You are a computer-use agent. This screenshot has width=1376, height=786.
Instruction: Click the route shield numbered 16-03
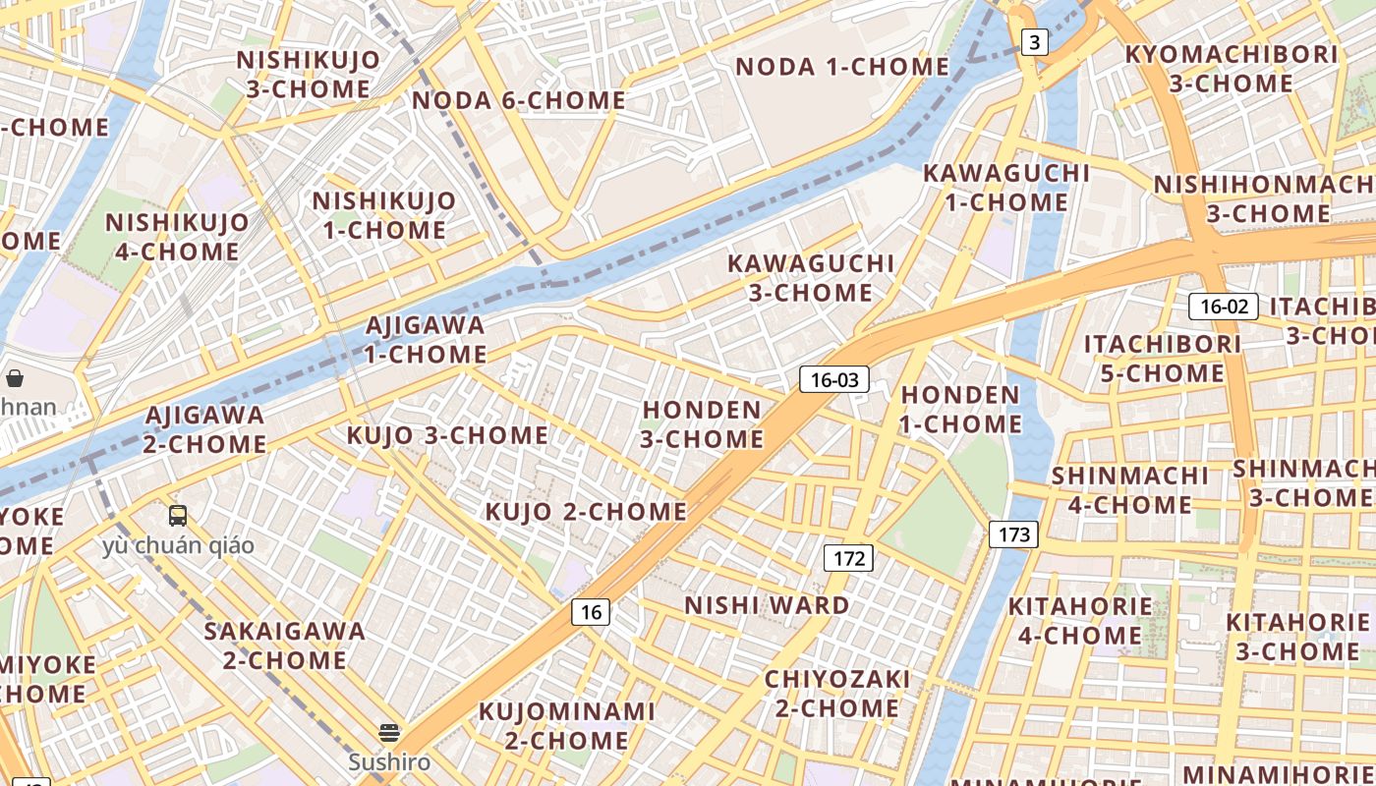tap(834, 379)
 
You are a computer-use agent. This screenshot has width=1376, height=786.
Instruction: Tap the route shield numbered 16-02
tap(1224, 306)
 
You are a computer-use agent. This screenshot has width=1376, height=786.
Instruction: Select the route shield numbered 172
tap(848, 559)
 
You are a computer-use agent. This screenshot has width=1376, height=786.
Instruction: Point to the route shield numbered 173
tap(1013, 534)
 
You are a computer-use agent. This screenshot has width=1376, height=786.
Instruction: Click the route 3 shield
tap(1034, 42)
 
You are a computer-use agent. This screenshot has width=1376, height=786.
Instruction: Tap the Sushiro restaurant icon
tap(389, 733)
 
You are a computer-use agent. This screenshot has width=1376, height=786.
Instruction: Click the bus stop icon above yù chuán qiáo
tap(178, 516)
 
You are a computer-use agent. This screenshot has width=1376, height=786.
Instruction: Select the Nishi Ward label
tap(767, 605)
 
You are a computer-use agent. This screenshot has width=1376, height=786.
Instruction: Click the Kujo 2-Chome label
tap(586, 511)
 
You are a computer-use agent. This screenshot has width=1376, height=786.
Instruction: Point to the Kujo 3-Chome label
tap(447, 434)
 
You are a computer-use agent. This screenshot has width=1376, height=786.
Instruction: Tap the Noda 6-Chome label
tap(518, 100)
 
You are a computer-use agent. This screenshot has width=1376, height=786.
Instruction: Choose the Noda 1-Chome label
tap(842, 67)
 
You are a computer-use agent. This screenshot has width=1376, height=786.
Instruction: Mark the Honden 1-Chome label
tap(961, 410)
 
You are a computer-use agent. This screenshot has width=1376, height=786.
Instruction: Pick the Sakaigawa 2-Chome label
tap(284, 646)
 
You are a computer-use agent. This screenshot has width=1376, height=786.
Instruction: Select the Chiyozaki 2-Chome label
tap(837, 694)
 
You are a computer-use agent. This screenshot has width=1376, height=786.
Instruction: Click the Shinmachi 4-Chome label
tap(1121, 490)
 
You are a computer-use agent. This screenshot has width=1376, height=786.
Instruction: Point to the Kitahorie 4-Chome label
tap(1080, 621)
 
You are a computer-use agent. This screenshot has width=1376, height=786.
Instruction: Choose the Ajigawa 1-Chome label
tap(426, 340)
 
